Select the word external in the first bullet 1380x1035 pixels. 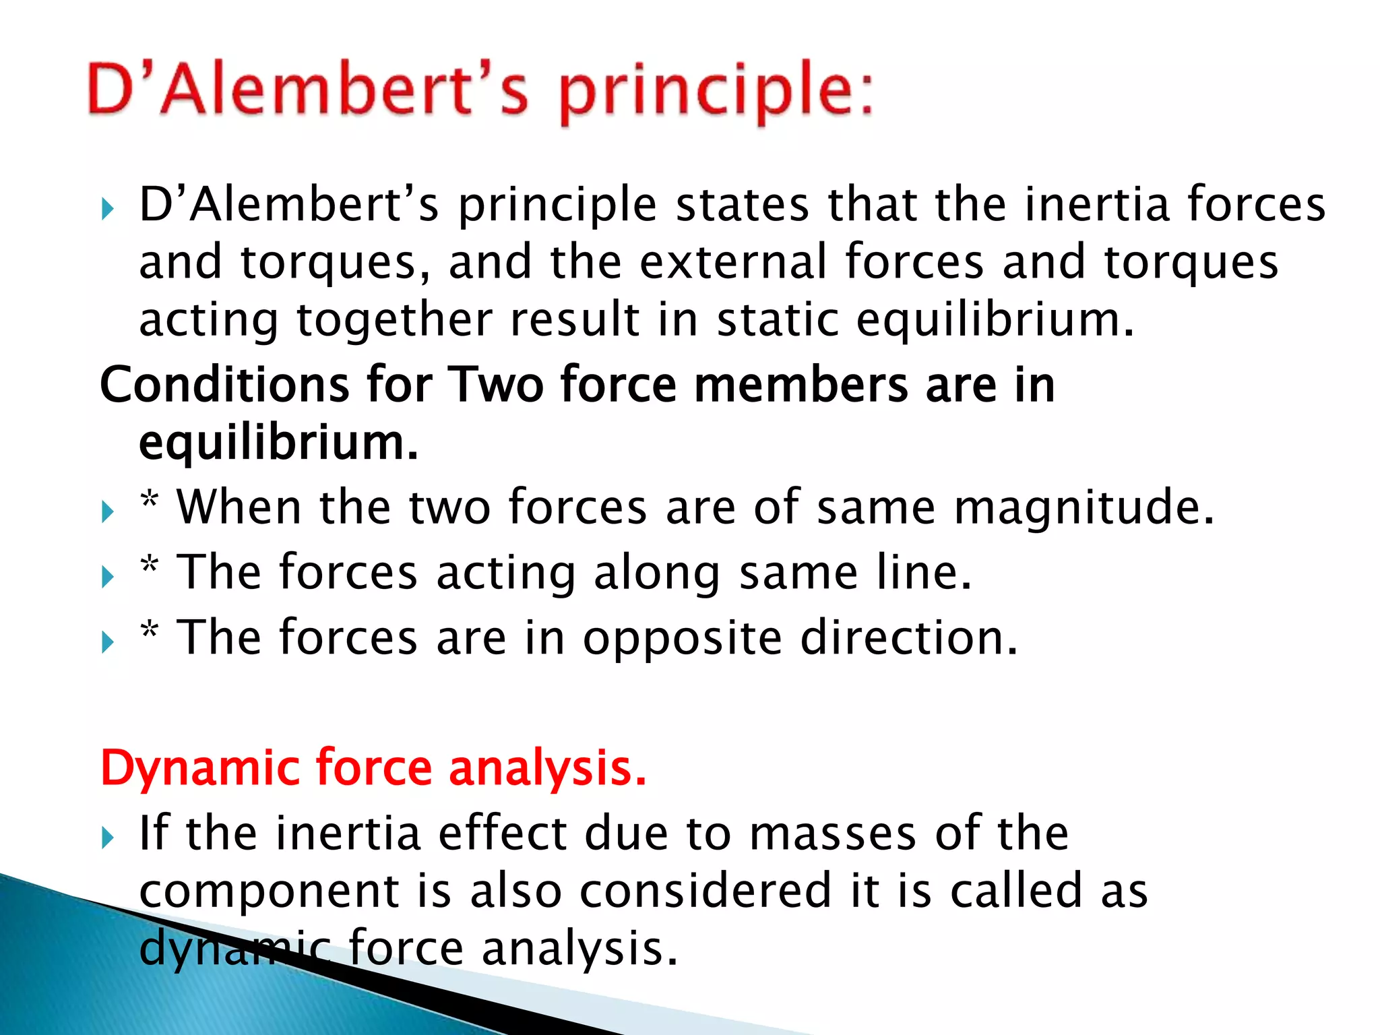pos(733,262)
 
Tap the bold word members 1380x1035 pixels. pos(801,385)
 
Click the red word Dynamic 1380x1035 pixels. pos(200,768)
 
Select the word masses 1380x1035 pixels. pos(833,834)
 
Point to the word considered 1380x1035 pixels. pos(705,891)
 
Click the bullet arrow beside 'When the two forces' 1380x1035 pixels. pos(108,511)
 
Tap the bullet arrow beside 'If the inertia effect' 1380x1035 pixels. pos(108,838)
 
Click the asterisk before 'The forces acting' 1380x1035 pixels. pos(150,565)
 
